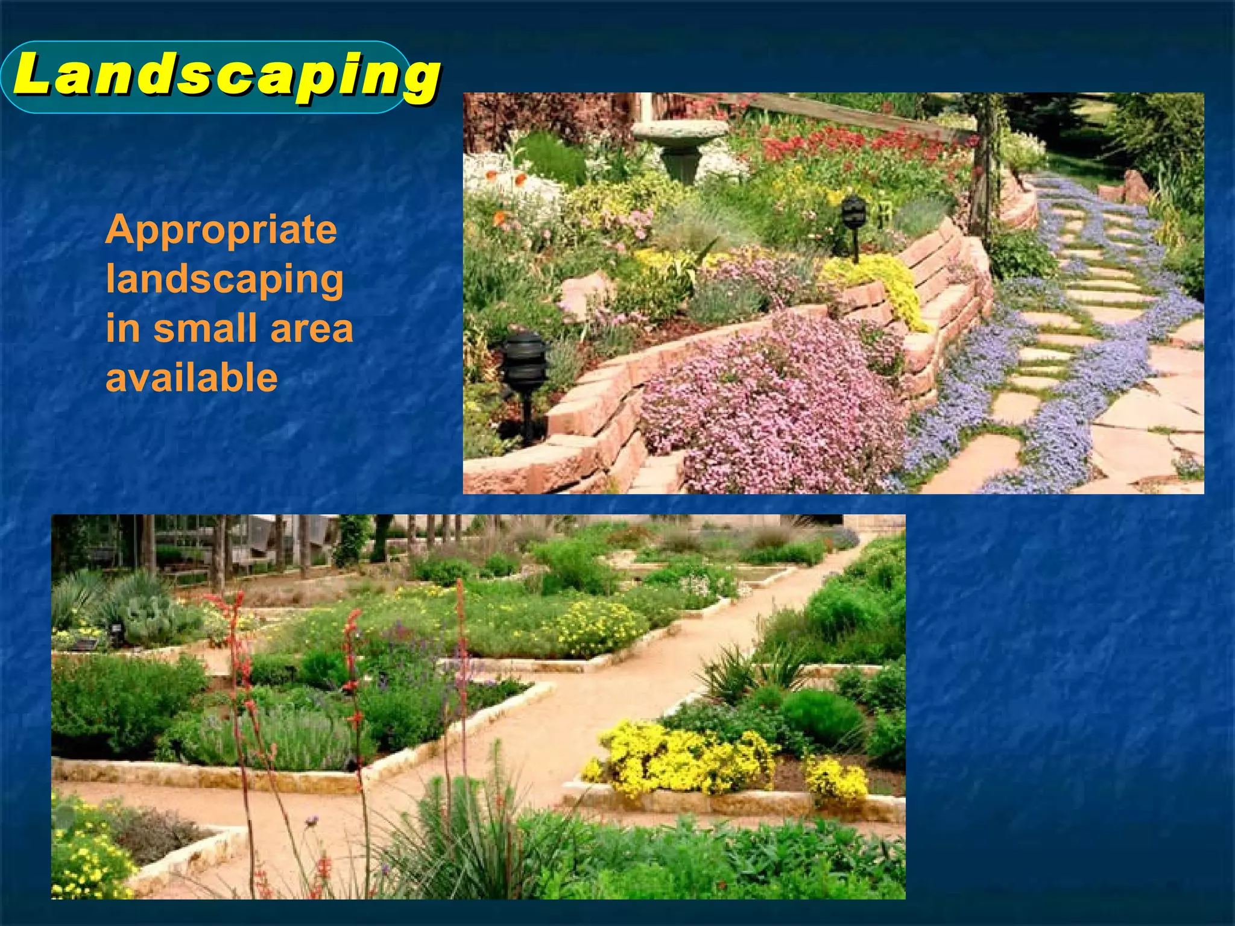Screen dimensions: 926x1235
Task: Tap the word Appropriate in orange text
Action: [x=221, y=230]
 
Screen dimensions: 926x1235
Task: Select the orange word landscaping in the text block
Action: [x=224, y=279]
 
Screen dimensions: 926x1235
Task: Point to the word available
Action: [x=191, y=378]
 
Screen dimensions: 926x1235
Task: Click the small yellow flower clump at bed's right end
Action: [x=837, y=781]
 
